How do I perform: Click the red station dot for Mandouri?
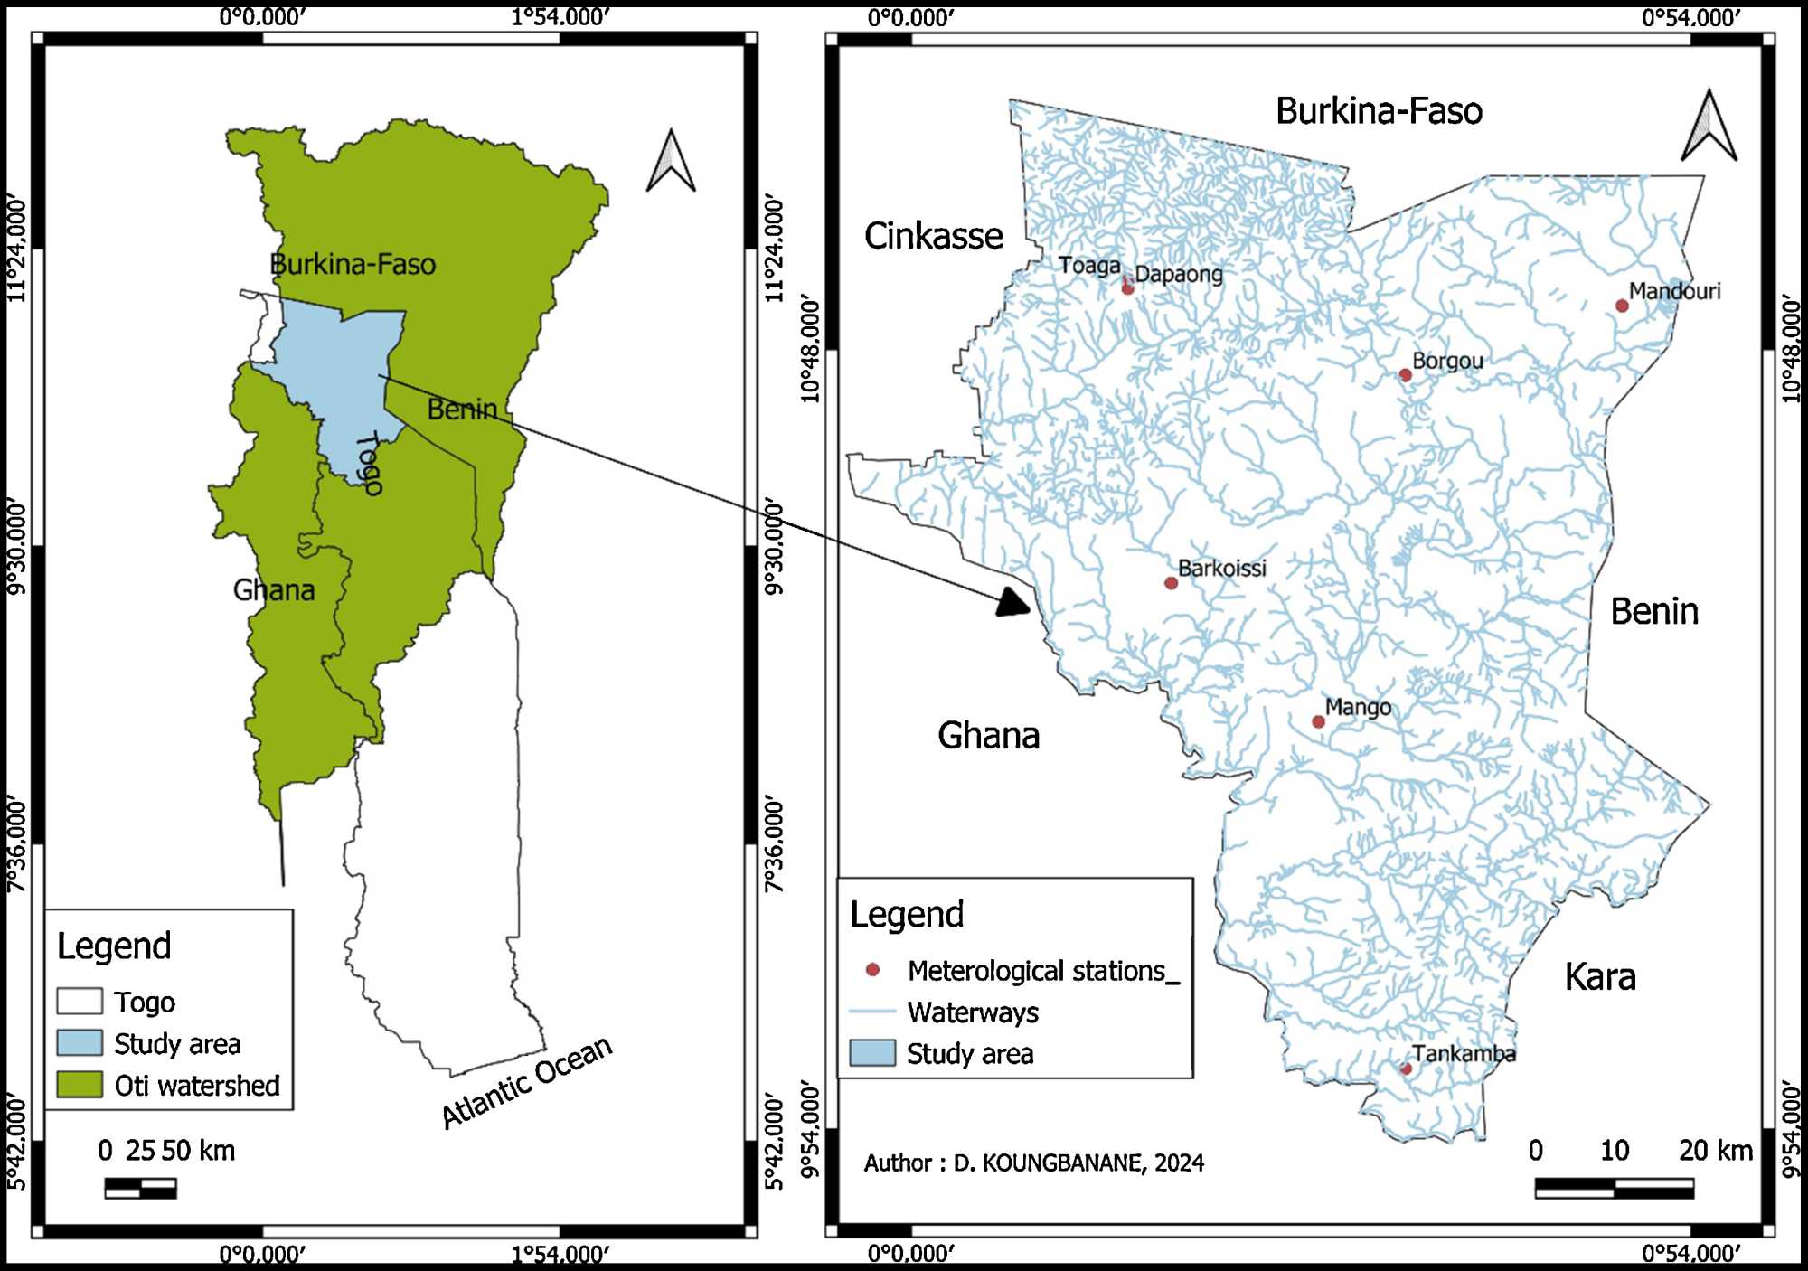pos(1622,306)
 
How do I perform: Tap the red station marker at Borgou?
pos(1405,375)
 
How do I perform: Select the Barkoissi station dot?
pos(1171,583)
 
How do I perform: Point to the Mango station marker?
pos(1318,721)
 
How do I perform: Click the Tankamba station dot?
pos(1406,1069)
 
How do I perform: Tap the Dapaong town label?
pos(1179,274)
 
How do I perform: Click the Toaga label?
pos(1089,266)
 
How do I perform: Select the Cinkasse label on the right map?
pos(933,236)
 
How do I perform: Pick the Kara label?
pos(1600,977)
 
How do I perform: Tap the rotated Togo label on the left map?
pos(369,462)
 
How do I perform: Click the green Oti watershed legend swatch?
pos(80,1085)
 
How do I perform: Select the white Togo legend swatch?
pos(80,1002)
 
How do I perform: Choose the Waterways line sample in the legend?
pos(872,1012)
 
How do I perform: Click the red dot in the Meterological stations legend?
pos(872,970)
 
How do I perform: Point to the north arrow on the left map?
pos(671,163)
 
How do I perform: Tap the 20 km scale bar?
pos(1614,1188)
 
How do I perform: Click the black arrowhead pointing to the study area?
pos(1015,601)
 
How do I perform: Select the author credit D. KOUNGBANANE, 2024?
pos(1033,1163)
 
